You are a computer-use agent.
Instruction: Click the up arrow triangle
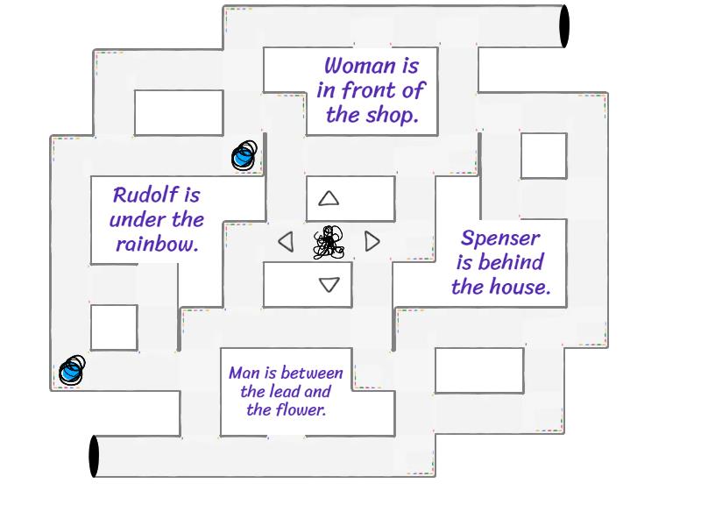329,199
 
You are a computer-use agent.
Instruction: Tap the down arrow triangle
329,284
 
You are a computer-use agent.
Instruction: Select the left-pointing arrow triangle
286,241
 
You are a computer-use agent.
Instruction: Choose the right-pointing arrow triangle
372,241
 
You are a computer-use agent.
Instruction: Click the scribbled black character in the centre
329,243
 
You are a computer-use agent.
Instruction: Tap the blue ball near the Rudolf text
244,156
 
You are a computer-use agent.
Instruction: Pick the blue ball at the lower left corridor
71,371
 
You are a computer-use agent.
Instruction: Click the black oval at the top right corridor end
564,26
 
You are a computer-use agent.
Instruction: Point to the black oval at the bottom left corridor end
94,456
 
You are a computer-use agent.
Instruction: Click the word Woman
359,66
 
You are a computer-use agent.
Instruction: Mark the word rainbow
157,244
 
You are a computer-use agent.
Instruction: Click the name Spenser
500,238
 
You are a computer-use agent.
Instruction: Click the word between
312,373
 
